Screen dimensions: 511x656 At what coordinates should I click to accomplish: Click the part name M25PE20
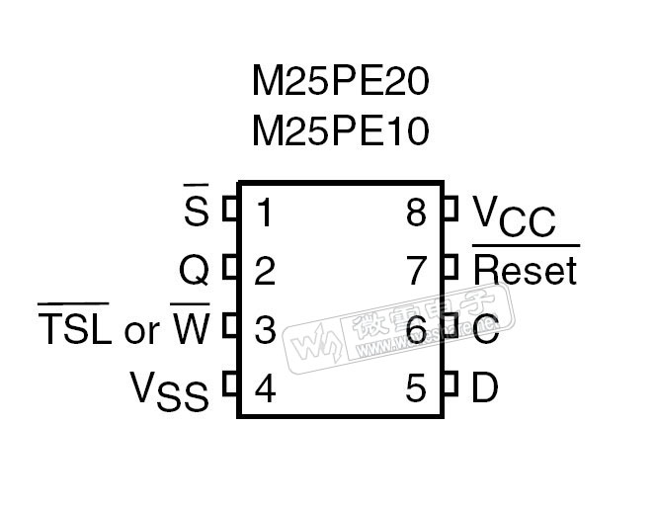point(341,83)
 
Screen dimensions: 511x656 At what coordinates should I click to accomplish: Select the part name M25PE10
point(341,129)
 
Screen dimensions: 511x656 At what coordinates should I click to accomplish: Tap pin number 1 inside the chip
point(265,212)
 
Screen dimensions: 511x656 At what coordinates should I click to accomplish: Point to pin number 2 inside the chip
point(265,271)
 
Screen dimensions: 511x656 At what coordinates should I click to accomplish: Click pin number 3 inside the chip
point(265,330)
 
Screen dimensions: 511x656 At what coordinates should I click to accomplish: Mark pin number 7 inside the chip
point(416,271)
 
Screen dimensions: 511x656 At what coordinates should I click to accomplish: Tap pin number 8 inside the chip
point(416,212)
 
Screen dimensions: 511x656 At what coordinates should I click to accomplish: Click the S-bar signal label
point(197,211)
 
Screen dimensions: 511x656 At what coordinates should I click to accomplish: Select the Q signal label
point(194,270)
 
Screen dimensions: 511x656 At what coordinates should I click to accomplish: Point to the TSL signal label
point(74,329)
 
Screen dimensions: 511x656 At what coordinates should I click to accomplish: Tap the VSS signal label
point(170,390)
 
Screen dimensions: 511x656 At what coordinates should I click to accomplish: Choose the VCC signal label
point(514,215)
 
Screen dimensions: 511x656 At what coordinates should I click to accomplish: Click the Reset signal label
point(525,270)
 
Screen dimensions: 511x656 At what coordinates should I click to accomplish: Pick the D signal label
point(485,389)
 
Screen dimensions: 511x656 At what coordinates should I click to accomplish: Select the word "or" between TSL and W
point(141,332)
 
